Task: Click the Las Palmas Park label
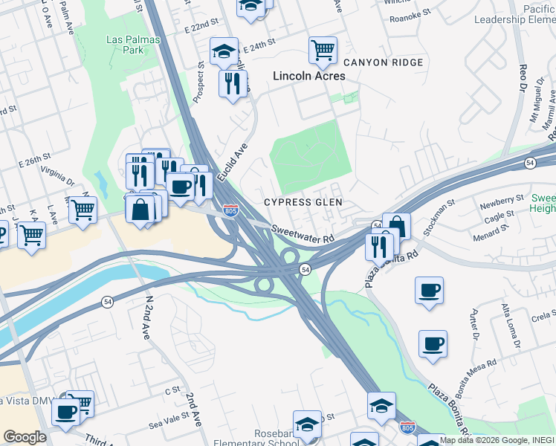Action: coord(124,45)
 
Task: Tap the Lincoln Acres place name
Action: coord(309,76)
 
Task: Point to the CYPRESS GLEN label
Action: coord(303,202)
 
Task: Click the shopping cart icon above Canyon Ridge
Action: coord(323,51)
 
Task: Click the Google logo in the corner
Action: coord(25,437)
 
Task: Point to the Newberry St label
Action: coord(502,201)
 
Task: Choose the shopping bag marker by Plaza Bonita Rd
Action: coord(396,227)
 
